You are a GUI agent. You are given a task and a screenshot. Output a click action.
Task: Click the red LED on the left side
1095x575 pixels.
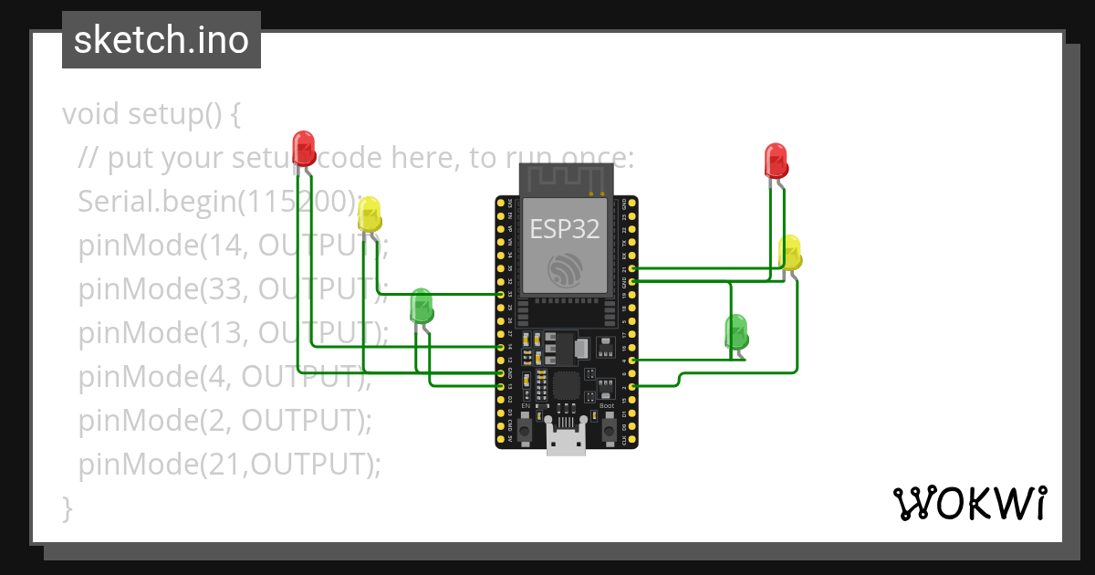pos(304,148)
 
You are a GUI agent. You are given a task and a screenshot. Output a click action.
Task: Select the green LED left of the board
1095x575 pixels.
pos(421,306)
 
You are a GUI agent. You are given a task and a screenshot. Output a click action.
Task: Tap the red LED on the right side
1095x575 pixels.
pos(776,161)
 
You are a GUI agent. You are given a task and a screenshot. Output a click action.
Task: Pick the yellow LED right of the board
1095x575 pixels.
pos(790,253)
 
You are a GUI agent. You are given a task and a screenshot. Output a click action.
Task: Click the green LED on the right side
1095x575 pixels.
pos(735,332)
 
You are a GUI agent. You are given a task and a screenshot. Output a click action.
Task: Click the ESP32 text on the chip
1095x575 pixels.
pos(565,229)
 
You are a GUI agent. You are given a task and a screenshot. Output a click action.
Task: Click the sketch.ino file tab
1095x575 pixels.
pos(162,40)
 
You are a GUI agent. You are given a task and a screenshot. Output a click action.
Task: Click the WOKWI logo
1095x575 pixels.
pos(968,503)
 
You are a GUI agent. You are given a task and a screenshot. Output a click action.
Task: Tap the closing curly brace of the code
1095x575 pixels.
pos(67,507)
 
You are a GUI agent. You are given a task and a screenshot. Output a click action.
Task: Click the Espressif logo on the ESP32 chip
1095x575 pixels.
pos(565,268)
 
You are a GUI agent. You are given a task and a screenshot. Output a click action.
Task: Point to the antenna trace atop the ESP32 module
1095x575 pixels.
pos(565,179)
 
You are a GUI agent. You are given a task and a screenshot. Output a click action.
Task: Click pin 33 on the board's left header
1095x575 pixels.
pos(500,295)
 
